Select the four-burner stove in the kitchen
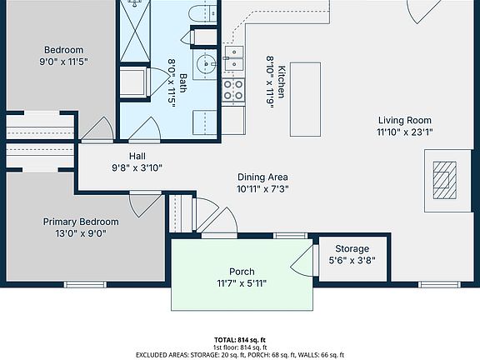point(233,90)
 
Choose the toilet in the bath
point(200,13)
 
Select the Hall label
point(137,156)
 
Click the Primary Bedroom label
point(81,222)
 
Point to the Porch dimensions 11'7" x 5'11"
point(242,283)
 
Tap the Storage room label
point(352,249)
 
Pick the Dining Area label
point(262,177)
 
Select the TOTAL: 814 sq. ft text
point(240,340)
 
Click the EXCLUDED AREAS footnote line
point(240,354)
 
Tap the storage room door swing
point(302,258)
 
